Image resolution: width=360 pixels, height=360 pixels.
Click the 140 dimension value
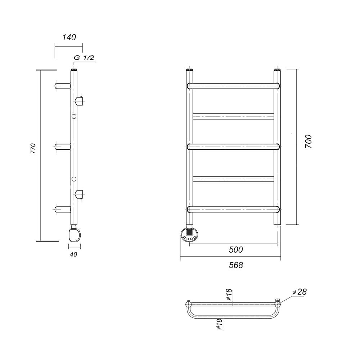click(69, 37)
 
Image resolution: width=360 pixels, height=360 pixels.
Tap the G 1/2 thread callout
click(84, 57)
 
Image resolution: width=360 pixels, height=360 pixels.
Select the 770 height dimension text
click(33, 148)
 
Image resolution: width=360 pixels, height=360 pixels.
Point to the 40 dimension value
click(73, 255)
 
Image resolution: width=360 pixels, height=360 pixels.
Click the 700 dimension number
click(309, 141)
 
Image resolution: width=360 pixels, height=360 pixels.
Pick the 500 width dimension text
click(236, 249)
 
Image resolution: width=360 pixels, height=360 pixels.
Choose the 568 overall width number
click(236, 265)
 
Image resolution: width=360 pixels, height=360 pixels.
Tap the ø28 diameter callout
click(300, 292)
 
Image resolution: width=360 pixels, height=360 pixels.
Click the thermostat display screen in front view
click(189, 232)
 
